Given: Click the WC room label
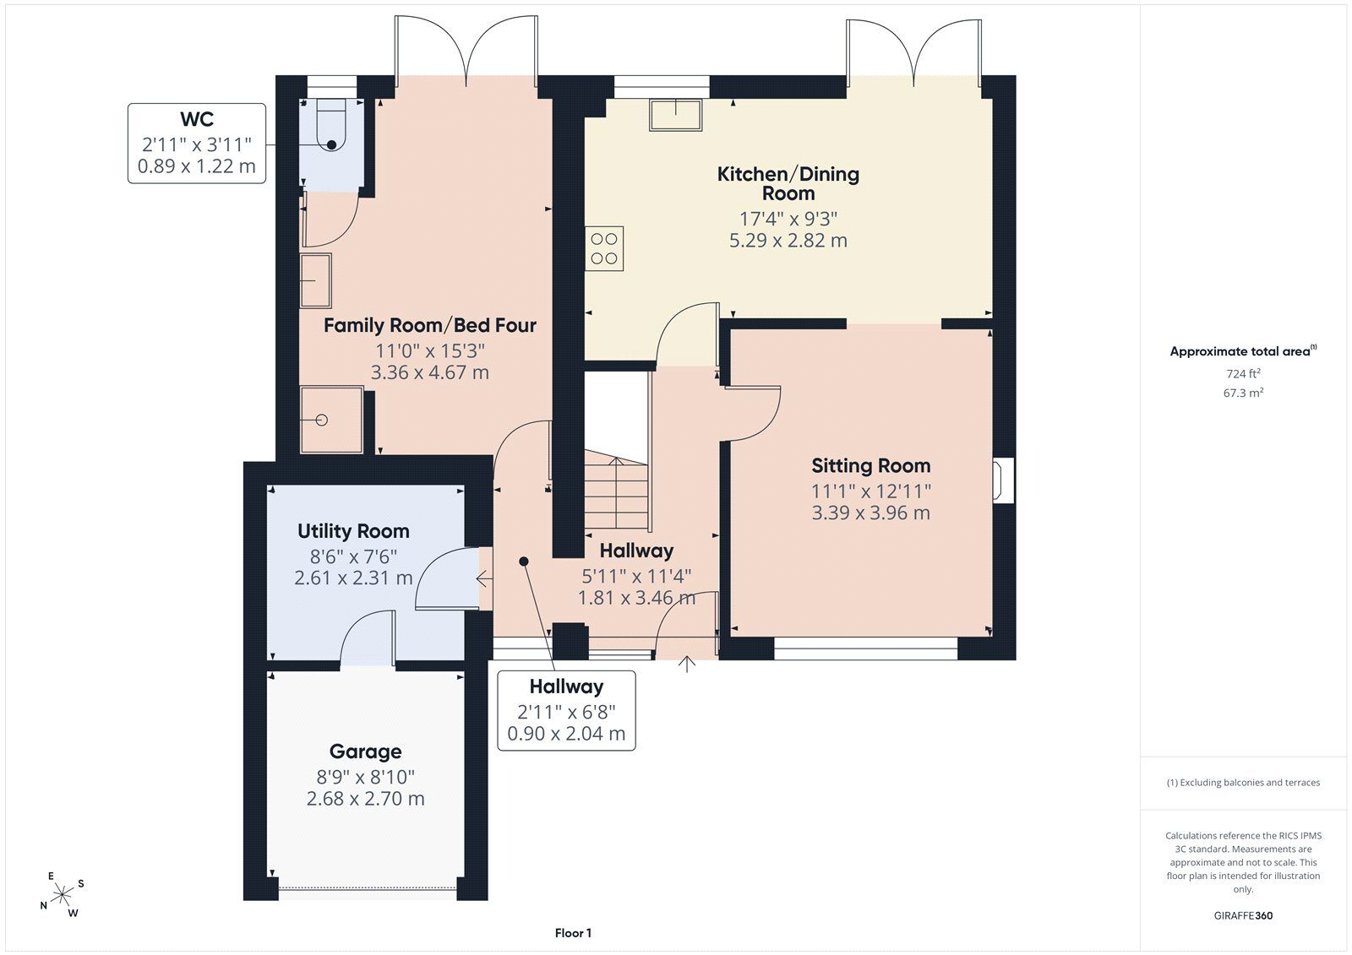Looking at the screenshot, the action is click(197, 119).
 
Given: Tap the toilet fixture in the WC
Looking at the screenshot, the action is click(330, 125).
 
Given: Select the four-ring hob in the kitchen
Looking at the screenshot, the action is click(604, 248).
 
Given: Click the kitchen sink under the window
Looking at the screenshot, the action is click(675, 115).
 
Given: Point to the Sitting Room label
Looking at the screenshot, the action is click(870, 466).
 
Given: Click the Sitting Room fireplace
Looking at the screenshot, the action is click(1003, 480).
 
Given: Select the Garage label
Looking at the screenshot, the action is click(365, 752).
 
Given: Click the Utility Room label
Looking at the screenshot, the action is click(353, 531).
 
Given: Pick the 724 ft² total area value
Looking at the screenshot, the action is click(1243, 373).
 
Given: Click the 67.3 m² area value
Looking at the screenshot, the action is click(1243, 393).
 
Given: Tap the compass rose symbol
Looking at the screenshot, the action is click(62, 894).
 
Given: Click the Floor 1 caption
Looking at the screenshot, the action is click(573, 933).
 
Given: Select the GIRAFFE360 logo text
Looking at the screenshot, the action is click(1243, 915).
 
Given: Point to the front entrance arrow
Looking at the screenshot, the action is click(687, 665).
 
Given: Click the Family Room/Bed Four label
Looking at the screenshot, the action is click(430, 326).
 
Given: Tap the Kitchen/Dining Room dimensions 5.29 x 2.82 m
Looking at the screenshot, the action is click(788, 240).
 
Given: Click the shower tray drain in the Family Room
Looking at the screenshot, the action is click(321, 420).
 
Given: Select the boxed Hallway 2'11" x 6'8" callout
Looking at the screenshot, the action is click(566, 711).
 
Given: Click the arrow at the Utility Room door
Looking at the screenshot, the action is click(484, 579).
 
